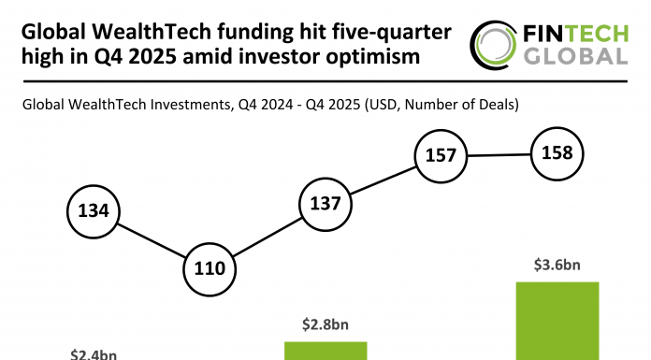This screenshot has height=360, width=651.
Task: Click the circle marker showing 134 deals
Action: point(94,211)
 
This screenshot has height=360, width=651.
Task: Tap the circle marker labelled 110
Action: point(210,268)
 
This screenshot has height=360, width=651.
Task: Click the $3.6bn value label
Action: point(557,266)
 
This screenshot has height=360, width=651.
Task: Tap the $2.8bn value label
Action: point(325,324)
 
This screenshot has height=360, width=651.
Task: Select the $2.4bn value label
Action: point(94,354)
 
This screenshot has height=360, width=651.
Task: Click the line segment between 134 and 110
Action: point(152,239)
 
